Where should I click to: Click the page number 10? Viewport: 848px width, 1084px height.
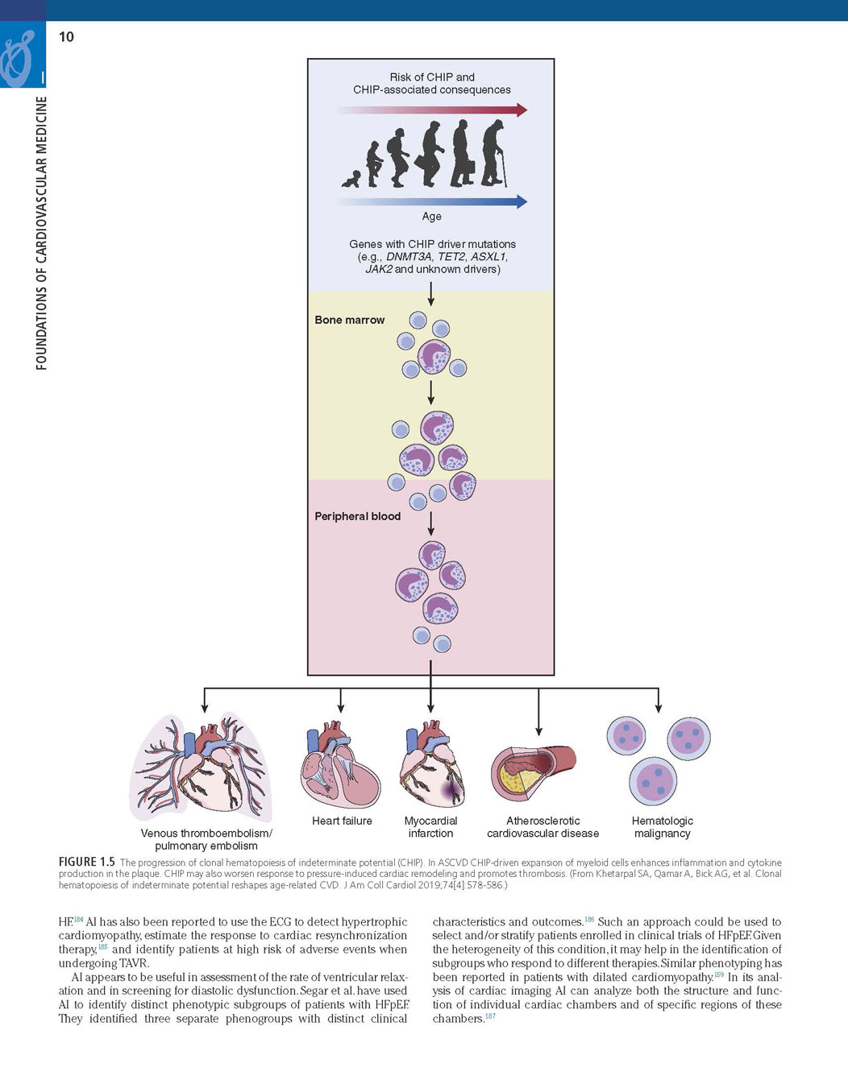(66, 36)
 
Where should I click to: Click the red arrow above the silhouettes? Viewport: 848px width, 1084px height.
(432, 110)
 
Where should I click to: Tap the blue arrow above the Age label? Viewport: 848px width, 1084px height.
(432, 201)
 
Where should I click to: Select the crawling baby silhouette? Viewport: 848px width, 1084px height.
(351, 179)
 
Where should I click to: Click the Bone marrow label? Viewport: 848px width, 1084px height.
(349, 320)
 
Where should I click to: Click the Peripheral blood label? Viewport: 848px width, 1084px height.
(357, 516)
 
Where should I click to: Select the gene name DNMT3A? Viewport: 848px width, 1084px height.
(409, 257)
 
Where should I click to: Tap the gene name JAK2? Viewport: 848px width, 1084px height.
(379, 269)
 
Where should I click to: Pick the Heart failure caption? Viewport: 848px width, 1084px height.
(342, 821)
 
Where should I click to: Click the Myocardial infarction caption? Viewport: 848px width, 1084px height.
(430, 827)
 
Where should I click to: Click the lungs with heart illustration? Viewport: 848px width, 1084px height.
(202, 765)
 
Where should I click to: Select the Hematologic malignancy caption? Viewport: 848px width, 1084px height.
(662, 827)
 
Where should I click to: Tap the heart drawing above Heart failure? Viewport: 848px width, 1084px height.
(340, 765)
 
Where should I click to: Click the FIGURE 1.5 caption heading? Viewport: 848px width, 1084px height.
(86, 862)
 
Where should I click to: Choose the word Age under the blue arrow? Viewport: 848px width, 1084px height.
(431, 217)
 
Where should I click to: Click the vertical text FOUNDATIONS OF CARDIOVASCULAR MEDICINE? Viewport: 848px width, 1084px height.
(41, 234)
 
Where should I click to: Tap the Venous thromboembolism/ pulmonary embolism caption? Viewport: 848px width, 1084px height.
(206, 839)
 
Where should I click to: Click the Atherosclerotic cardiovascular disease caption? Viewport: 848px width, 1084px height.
(542, 827)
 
